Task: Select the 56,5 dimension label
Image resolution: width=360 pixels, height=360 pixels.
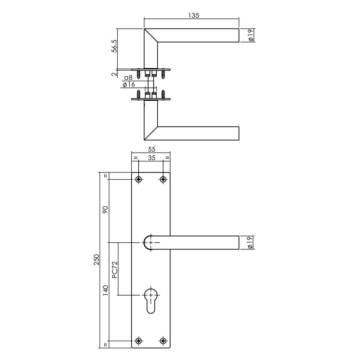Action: (114, 46)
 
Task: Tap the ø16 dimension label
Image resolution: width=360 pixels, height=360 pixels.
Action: (128, 85)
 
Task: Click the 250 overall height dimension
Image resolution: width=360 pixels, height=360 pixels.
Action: (96, 261)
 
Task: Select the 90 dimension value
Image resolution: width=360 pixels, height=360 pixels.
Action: (105, 210)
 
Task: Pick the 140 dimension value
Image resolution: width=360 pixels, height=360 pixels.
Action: (105, 290)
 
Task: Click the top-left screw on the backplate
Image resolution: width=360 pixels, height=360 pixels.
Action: (139, 179)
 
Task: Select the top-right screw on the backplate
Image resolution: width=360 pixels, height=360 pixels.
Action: (163, 179)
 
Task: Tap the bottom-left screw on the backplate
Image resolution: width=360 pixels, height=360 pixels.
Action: (139, 341)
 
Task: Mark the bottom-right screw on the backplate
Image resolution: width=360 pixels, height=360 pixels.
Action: (163, 341)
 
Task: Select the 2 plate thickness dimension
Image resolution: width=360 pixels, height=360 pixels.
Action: (114, 74)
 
